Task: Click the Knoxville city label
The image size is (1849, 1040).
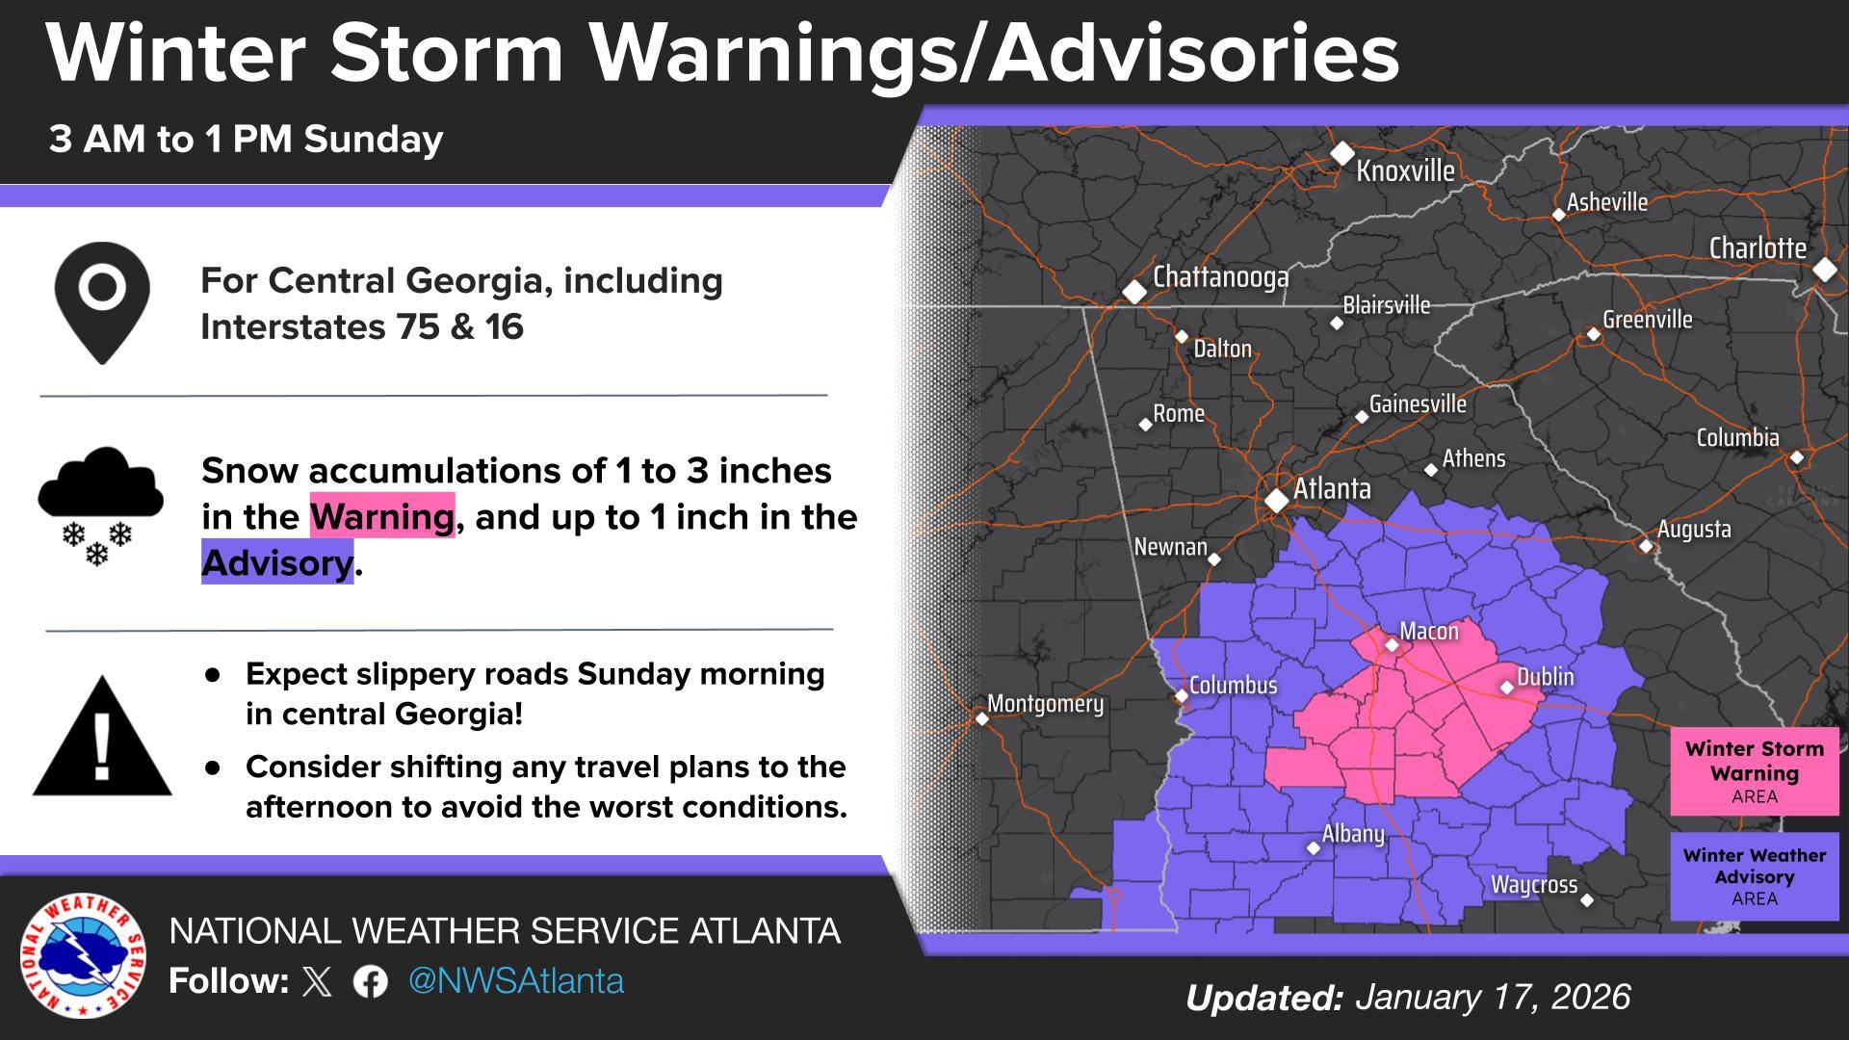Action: (1405, 170)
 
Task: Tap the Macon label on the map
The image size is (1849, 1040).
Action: (1428, 632)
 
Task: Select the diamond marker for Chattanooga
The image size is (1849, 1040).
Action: (1135, 291)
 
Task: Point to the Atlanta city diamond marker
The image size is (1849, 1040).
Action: (1277, 501)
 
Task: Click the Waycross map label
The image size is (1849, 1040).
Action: (1533, 885)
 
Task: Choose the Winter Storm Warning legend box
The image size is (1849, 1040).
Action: (1754, 771)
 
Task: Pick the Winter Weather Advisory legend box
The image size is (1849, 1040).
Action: (1754, 876)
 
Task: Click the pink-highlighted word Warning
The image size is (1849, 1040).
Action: (381, 517)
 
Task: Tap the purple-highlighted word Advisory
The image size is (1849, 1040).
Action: (277, 563)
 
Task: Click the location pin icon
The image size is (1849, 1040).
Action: (102, 301)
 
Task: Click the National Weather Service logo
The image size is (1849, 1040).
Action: (83, 955)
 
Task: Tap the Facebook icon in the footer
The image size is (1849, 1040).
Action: (370, 981)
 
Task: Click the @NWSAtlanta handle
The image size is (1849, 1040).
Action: (516, 980)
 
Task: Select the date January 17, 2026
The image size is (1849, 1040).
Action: (1493, 997)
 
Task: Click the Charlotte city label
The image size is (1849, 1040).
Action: (1757, 248)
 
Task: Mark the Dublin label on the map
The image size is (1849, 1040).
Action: (1545, 677)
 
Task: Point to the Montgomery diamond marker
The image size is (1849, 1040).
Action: (982, 718)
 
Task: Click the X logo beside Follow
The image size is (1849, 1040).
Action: (317, 981)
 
